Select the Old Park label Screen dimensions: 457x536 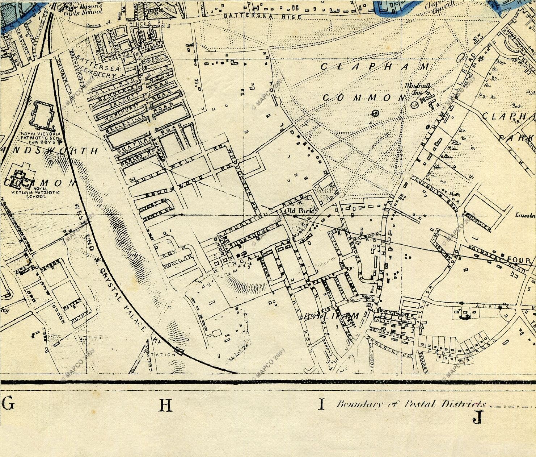click(295, 210)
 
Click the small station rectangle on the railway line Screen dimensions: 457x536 click(178, 350)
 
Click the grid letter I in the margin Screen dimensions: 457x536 click(320, 404)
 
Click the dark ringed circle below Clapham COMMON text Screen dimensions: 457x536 click(375, 113)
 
